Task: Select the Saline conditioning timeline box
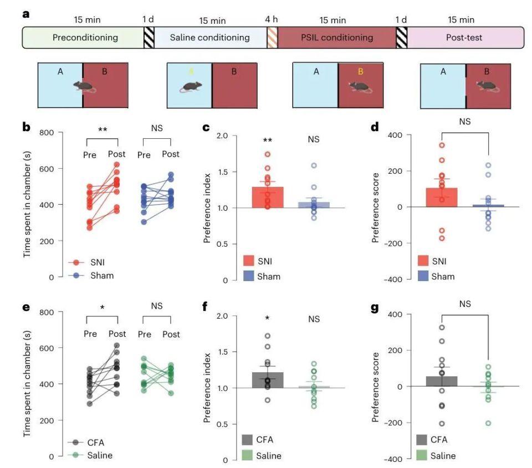[x=209, y=38]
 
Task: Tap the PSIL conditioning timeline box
[x=337, y=38]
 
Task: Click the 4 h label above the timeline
[x=272, y=19]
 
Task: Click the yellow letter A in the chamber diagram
[x=192, y=71]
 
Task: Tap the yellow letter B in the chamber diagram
[x=360, y=71]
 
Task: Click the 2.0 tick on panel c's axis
[x=222, y=136]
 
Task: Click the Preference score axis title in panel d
[x=377, y=207]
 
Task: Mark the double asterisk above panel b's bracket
[x=103, y=129]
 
